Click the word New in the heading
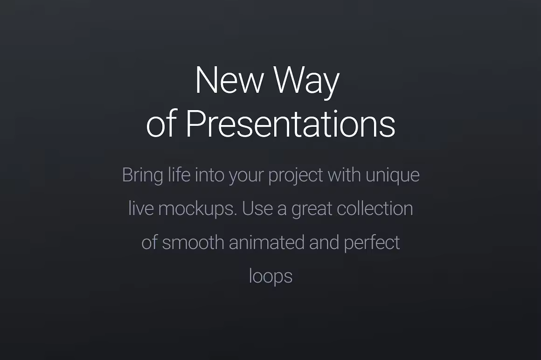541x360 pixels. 229,80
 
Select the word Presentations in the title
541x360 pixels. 291,123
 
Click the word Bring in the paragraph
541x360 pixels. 143,176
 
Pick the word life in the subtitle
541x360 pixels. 179,174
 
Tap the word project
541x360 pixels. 296,176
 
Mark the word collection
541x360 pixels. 375,208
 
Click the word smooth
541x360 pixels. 193,242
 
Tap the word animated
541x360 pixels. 267,242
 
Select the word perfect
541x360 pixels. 372,243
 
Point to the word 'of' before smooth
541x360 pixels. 149,242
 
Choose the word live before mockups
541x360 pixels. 141,208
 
